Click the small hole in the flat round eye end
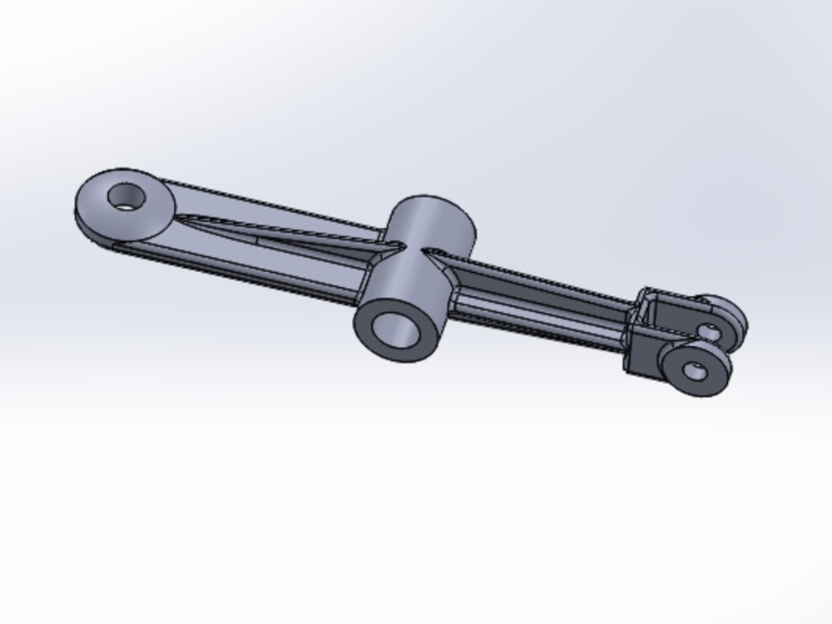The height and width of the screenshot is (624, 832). pyautogui.click(x=126, y=196)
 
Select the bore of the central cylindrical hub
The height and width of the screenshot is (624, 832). pyautogui.click(x=398, y=330)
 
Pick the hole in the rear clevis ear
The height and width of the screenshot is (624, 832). pyautogui.click(x=710, y=331)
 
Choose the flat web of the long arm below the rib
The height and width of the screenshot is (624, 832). pyautogui.click(x=275, y=262)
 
